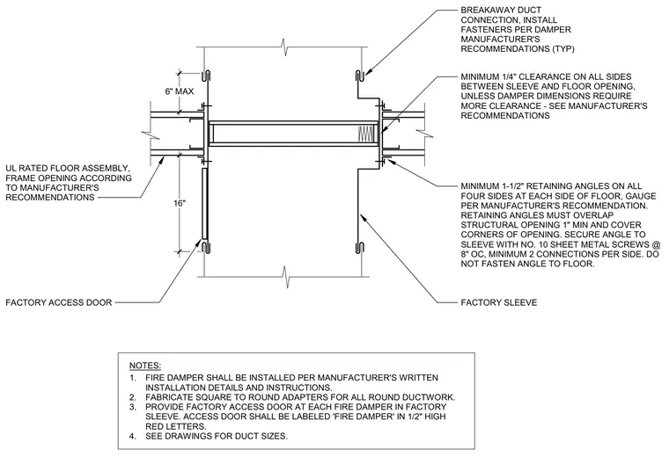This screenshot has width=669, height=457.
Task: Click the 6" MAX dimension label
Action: coord(180,91)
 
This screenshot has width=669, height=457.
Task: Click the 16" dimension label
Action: coord(180,203)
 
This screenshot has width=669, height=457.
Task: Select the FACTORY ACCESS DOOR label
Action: coord(59,302)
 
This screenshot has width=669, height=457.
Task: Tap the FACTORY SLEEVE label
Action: coord(499,302)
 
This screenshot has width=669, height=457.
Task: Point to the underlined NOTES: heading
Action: coord(145,366)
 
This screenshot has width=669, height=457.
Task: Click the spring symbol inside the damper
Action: coord(365,134)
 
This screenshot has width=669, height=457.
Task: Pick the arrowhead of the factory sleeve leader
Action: coord(363,217)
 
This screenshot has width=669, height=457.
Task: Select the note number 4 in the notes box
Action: coord(133,436)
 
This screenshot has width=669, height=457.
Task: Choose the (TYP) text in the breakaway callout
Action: coord(563,49)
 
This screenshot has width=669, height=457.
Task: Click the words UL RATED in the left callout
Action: coord(26,168)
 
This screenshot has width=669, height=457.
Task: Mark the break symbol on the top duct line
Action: coord(283,47)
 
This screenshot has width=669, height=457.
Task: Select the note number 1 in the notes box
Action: coord(133,378)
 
